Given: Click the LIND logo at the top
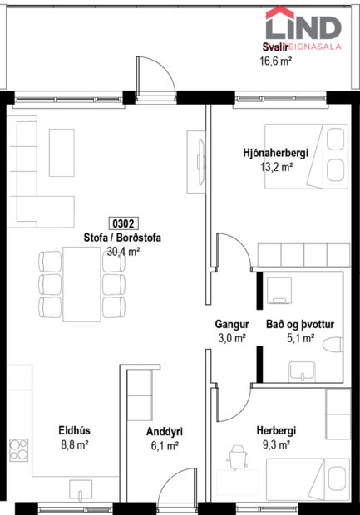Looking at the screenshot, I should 303,26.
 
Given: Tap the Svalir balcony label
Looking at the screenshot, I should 276,47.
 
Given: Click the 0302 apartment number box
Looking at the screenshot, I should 122,223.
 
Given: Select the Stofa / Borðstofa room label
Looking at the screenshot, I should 122,238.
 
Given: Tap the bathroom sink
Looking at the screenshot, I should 295,369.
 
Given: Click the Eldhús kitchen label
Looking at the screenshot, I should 73,431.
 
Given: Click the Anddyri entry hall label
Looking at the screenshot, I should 164,432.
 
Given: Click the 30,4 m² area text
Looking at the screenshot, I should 122,251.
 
